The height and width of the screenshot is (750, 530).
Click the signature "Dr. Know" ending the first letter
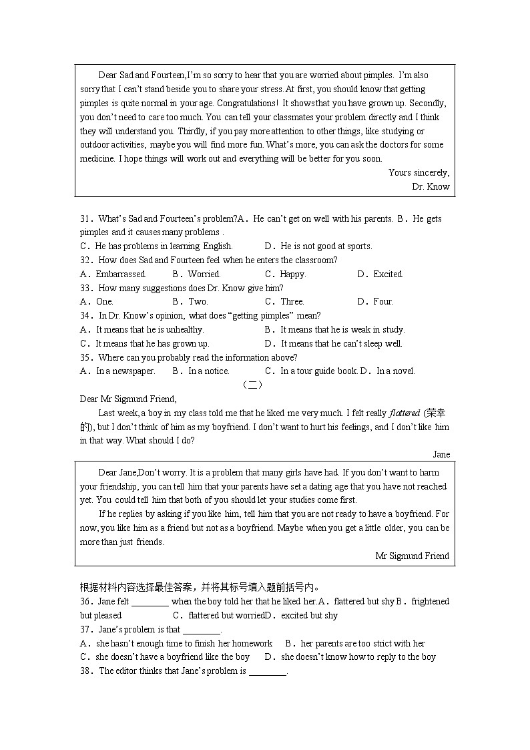tap(431, 186)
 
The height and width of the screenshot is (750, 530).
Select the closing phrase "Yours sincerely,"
tap(419, 172)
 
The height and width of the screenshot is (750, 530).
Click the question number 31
tap(85, 218)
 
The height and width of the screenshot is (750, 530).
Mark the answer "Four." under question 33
tap(382, 301)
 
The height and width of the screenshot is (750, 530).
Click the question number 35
tap(85, 357)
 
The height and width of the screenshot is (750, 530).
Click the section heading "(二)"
tap(252, 385)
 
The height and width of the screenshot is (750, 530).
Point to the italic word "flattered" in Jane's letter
tap(404, 413)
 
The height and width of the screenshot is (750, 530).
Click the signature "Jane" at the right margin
tap(441, 454)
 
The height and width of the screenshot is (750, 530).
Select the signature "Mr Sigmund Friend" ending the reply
tap(412, 556)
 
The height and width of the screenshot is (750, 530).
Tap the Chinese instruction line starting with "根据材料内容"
tap(200, 587)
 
